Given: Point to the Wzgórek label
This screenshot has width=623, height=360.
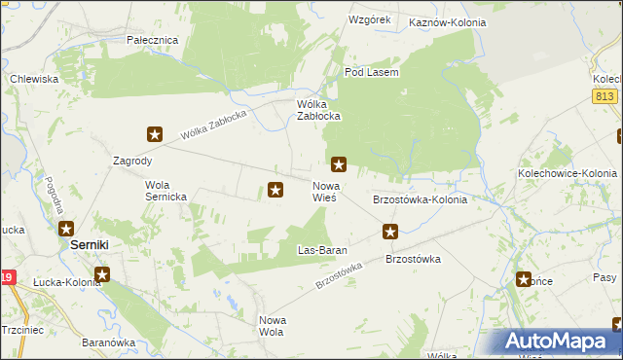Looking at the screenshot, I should [369, 19].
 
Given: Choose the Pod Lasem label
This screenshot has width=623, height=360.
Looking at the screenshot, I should [373, 72].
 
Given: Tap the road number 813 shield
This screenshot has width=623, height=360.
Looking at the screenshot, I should [604, 94].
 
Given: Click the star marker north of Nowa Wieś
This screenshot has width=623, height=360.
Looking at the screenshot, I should [339, 164].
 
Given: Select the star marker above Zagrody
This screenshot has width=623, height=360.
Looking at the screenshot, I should [154, 134].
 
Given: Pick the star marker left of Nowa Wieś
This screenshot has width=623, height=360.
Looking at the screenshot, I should [275, 191].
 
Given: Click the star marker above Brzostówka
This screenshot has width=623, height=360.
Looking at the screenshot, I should [390, 232].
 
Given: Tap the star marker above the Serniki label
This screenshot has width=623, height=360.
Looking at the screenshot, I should [65, 229].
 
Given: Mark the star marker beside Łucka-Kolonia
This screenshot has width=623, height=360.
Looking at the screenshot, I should [102, 274].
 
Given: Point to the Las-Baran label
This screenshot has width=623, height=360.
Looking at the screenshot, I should [322, 250].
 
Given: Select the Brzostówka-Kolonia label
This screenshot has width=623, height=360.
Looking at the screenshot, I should [421, 199].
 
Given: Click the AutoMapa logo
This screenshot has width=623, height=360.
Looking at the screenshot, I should [557, 342].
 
